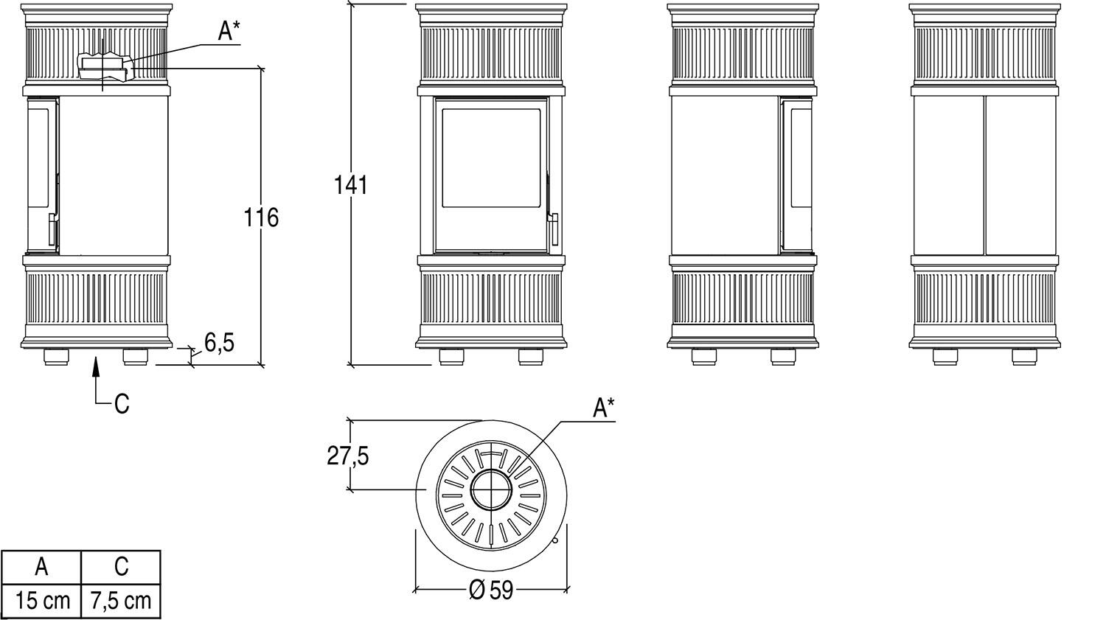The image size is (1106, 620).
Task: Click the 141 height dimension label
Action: click(x=351, y=186)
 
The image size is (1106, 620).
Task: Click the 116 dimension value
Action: click(x=261, y=217)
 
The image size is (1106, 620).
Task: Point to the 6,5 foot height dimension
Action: click(x=219, y=343)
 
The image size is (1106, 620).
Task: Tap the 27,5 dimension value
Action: click(x=347, y=456)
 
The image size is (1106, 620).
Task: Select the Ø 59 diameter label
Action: click(x=491, y=590)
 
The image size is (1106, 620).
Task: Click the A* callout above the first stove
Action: click(x=229, y=31)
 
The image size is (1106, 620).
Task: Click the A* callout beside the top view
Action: click(x=604, y=408)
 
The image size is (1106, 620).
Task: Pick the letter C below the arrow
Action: click(x=122, y=404)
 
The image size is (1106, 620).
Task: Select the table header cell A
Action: click(x=41, y=567)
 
